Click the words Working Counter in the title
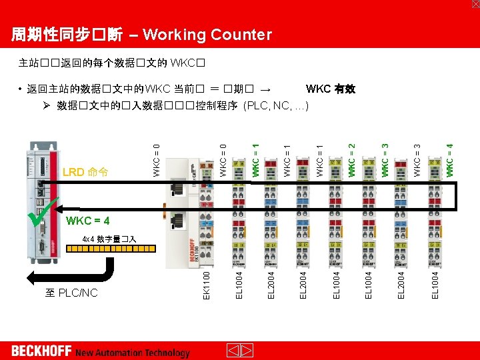207,35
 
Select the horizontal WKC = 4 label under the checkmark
88,221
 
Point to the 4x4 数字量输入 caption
109,239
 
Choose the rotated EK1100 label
207,284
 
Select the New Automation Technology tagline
133,353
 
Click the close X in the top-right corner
475,4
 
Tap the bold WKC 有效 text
330,89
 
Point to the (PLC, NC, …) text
275,105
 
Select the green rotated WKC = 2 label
352,157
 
